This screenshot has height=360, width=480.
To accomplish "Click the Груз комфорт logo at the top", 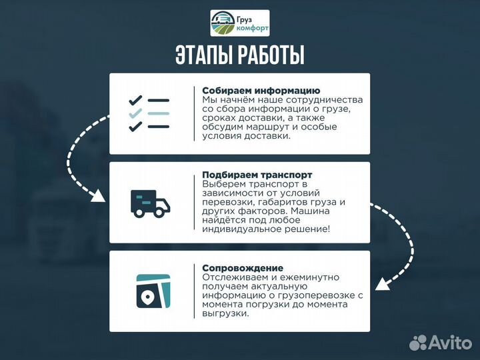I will pyautogui.click(x=240, y=23).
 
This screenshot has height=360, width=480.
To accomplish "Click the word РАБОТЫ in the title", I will pyautogui.click(x=271, y=55).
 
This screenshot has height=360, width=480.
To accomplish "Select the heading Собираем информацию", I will pyautogui.click(x=261, y=90).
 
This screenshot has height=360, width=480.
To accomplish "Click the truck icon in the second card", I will pyautogui.click(x=149, y=202).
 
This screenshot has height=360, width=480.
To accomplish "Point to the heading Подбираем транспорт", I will pyautogui.click(x=257, y=175).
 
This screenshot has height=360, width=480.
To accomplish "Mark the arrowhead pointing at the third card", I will pyautogui.click(x=382, y=285).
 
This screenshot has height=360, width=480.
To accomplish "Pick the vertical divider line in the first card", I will pyautogui.click(x=194, y=113).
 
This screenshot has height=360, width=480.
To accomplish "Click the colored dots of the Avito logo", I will pyautogui.click(x=418, y=343).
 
